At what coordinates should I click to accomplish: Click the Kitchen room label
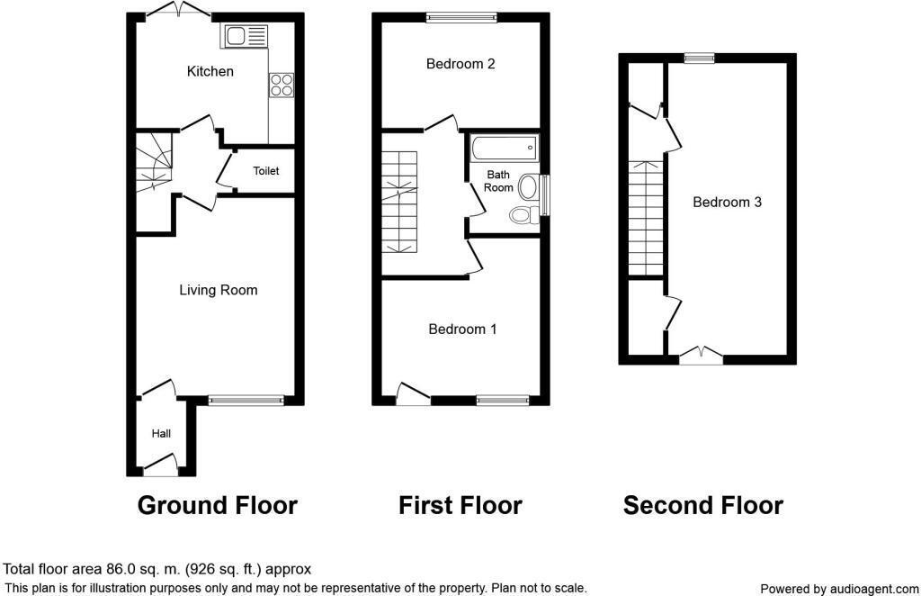[210, 71]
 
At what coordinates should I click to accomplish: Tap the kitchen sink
[244, 36]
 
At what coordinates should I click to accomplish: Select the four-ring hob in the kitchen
[281, 85]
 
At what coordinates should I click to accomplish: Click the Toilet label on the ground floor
[265, 171]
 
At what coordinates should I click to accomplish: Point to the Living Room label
[218, 290]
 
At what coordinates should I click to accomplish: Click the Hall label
[161, 434]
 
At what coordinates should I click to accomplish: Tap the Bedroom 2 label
[460, 64]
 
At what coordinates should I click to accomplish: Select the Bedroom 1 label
[461, 330]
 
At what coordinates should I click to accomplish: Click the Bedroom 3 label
[727, 203]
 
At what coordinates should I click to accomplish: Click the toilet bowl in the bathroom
[522, 214]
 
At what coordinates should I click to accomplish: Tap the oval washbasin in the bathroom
[529, 187]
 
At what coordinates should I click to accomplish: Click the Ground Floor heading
[217, 506]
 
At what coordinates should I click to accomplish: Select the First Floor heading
[460, 506]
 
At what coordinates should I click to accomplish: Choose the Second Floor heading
[702, 506]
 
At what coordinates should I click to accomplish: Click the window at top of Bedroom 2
[461, 15]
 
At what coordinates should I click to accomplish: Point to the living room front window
[246, 400]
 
